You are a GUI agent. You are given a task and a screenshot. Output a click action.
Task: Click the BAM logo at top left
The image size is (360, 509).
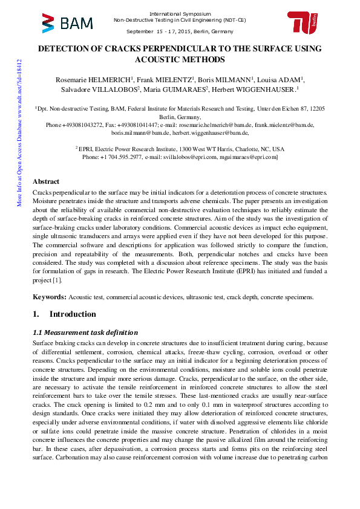67,22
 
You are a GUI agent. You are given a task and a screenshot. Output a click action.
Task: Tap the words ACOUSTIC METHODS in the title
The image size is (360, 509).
180,59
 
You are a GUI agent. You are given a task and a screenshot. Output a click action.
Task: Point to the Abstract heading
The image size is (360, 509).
46,181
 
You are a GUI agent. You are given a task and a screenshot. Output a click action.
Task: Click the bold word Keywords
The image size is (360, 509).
49,297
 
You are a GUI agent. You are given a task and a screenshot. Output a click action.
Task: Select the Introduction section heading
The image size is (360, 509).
72,314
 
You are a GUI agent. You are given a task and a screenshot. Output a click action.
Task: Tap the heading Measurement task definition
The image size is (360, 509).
85,332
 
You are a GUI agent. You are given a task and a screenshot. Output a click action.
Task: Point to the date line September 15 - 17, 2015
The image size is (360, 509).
180,31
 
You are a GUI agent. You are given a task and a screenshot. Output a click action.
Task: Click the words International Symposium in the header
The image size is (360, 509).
180,13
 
